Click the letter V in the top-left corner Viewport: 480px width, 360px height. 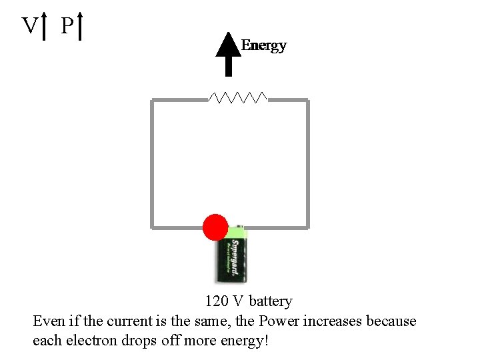tap(29, 26)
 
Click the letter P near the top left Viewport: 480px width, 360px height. tap(66, 26)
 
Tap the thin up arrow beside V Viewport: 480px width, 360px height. tap(45, 26)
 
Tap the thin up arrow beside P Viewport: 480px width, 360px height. tap(80, 26)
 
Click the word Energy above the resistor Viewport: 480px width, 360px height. tap(264, 45)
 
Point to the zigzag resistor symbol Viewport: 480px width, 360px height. tap(237, 98)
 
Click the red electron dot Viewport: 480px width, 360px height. tap(215, 227)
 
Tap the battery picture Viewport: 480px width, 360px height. tap(231, 257)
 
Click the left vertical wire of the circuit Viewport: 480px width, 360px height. tap(153, 163)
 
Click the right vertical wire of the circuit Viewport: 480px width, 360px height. tap(307, 163)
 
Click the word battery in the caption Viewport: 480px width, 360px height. tap(271, 301)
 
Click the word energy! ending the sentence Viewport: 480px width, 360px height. tap(244, 341)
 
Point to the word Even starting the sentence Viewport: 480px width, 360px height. tap(48, 321)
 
